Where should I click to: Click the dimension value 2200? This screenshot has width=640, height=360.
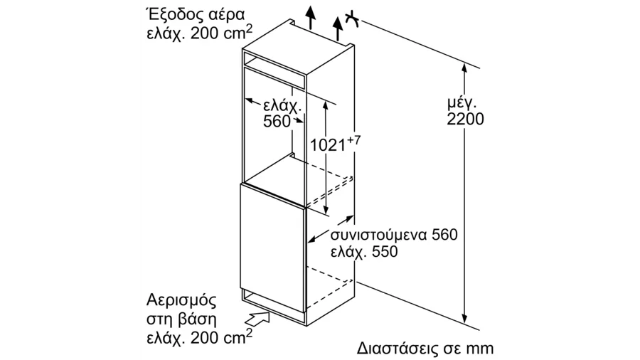coord(465,119)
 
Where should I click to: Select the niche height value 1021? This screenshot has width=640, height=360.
coord(328,144)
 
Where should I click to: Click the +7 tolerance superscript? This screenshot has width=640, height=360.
coord(354,140)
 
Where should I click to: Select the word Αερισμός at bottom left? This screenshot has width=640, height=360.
coord(181,301)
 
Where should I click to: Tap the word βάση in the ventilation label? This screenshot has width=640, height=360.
coord(197,319)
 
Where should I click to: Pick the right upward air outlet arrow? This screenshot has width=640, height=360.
coord(338,29)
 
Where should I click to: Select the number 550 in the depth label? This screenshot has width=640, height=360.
coord(384,252)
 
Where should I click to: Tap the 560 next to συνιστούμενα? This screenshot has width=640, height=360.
coord(444,235)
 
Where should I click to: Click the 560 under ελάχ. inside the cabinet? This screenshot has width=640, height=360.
coord(277,121)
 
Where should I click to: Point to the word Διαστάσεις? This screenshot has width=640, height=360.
coord(395,349)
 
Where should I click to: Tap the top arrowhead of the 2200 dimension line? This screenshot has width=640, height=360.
coord(464,68)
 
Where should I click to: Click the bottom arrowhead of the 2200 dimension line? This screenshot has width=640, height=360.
coord(464,318)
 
